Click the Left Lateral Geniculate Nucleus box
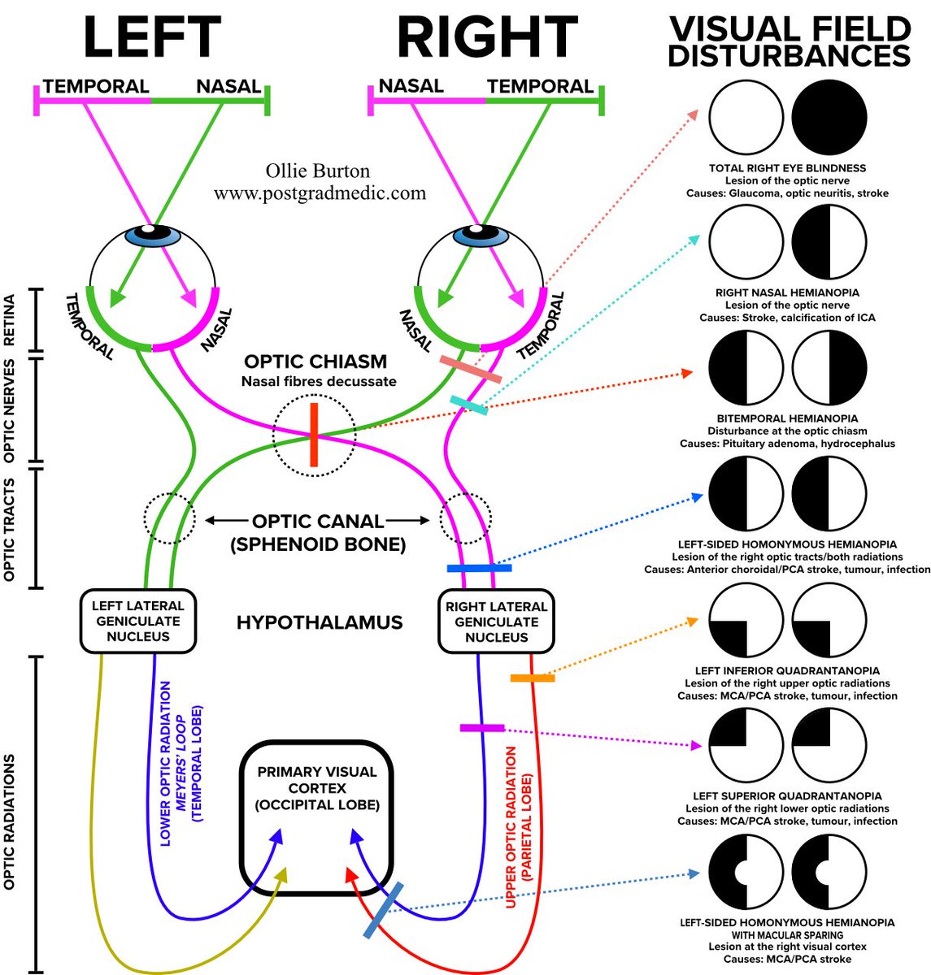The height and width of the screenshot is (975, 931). click(x=137, y=622)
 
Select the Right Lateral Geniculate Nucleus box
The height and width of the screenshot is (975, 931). click(x=496, y=622)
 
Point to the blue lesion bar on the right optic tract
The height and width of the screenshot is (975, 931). click(x=479, y=568)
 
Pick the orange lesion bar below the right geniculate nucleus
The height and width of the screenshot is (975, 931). click(x=532, y=678)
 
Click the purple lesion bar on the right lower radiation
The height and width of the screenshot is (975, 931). click(x=481, y=728)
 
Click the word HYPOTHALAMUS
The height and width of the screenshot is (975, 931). click(x=320, y=622)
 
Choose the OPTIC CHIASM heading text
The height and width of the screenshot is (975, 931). click(x=315, y=362)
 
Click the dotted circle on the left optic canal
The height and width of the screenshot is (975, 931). click(x=169, y=518)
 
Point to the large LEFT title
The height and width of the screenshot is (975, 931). click(x=152, y=37)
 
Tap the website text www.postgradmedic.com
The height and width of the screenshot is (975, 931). click(x=320, y=193)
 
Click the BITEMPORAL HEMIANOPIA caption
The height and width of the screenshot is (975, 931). click(x=787, y=418)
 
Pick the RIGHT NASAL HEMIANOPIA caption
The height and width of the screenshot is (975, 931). click(x=787, y=292)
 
